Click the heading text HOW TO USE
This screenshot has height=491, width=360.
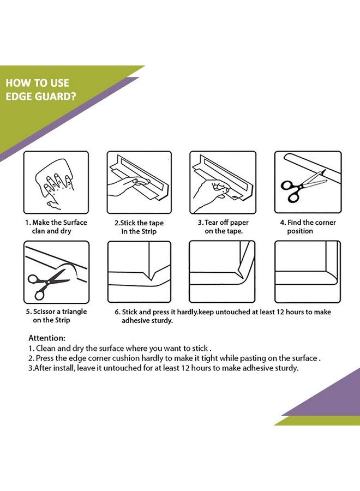[37, 83]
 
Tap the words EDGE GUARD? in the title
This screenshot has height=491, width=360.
[41, 96]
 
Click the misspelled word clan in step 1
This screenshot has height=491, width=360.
[38, 231]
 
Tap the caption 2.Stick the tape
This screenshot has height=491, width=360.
[139, 223]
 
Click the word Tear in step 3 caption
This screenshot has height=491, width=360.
[211, 223]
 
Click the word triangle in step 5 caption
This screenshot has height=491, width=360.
[74, 312]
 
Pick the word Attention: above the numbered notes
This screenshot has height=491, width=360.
[47, 338]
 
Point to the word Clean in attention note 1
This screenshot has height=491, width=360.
[46, 348]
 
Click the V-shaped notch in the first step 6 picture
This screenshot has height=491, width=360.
[152, 275]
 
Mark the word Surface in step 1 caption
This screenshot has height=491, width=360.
[75, 223]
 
